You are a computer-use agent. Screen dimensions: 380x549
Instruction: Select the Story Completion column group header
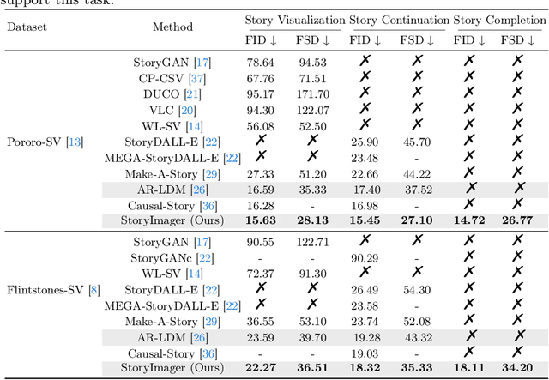(x=499, y=20)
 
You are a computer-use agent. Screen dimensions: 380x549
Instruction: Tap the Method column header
(x=172, y=27)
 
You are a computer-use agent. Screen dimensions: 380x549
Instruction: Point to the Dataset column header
(x=27, y=27)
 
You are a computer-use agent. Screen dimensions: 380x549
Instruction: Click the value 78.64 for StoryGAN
(x=261, y=63)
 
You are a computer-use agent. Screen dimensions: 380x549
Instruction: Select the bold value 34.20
(x=517, y=369)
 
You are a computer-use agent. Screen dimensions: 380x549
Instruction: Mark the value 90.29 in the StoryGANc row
(x=365, y=258)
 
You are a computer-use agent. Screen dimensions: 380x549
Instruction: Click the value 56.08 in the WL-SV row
(x=261, y=125)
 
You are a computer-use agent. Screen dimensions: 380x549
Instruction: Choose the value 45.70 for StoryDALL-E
(x=417, y=142)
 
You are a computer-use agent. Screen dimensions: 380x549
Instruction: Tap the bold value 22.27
(x=261, y=369)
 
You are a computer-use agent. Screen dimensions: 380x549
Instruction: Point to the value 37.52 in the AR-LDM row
(x=417, y=189)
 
